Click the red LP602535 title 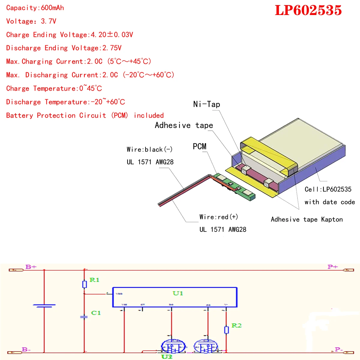point(308,10)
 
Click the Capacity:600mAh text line point(35,8)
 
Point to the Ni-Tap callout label point(207,104)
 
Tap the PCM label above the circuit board point(199,146)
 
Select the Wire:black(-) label point(149,149)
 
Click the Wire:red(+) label point(219,217)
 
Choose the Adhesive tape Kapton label point(307,219)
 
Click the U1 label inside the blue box point(178,293)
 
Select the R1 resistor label point(94,280)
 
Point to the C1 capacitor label point(96,313)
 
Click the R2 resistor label point(236,325)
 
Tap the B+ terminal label point(31,267)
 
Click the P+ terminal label point(333,267)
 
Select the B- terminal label point(26,349)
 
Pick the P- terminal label point(339,349)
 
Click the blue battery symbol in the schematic point(44,306)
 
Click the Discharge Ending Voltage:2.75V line point(64,48)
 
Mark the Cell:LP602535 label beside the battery point(328,189)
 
